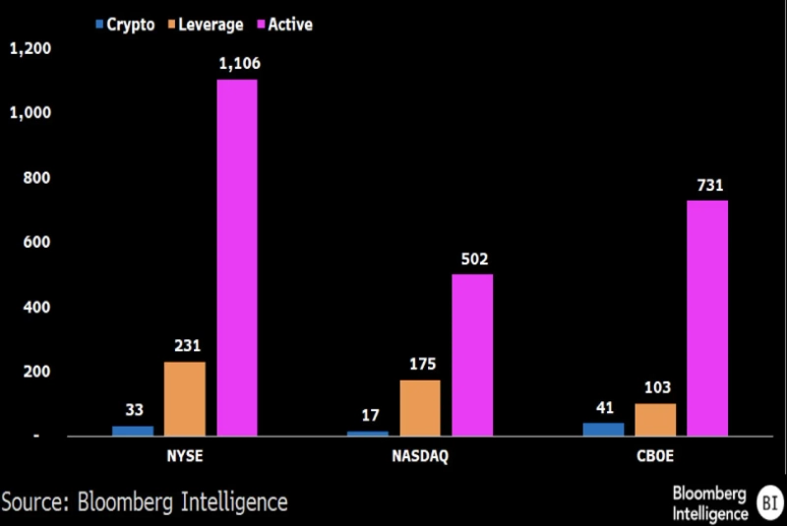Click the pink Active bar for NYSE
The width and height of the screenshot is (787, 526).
click(x=237, y=258)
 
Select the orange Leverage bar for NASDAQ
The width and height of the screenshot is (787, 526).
click(x=420, y=407)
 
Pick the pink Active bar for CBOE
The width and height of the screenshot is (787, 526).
click(x=707, y=318)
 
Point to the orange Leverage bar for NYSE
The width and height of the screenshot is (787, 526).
click(x=185, y=398)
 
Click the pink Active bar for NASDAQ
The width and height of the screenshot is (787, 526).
click(x=472, y=355)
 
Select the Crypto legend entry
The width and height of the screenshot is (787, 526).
click(x=124, y=24)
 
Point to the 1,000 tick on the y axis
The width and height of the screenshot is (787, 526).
click(x=30, y=113)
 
